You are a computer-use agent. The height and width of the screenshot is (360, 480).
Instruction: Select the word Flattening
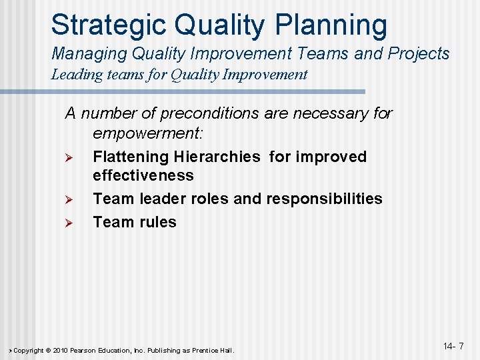[131, 157]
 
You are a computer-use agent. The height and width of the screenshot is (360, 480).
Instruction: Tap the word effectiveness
[143, 175]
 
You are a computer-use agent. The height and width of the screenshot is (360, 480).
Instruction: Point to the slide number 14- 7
[453, 346]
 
